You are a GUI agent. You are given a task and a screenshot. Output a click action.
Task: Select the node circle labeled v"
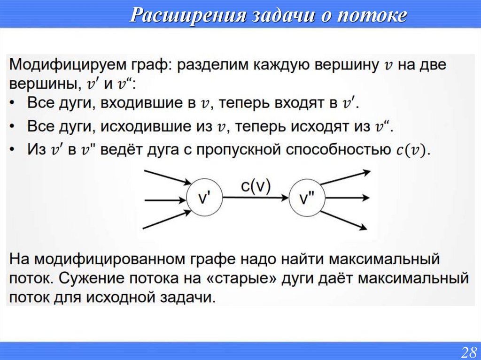pyautogui.click(x=306, y=199)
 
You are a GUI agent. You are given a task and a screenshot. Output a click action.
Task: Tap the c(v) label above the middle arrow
pyautogui.click(x=256, y=186)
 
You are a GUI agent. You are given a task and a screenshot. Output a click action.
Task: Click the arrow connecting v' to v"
pyautogui.click(x=256, y=199)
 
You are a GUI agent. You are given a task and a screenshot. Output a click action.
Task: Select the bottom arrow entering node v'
pyautogui.click(x=165, y=220)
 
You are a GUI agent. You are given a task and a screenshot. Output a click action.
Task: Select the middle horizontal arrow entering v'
pyautogui.click(x=165, y=200)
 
